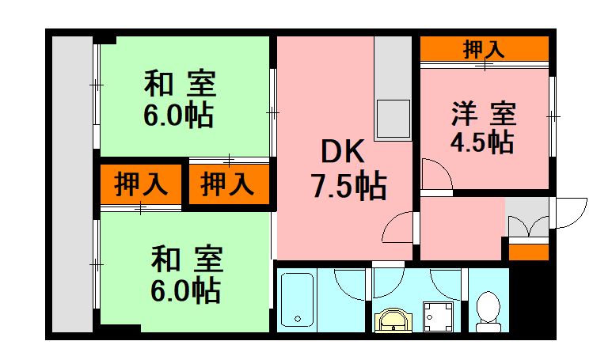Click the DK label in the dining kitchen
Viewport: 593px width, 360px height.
coord(342,150)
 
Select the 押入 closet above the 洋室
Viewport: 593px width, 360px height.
coord(484,49)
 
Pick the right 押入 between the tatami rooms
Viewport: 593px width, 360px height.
coord(227,184)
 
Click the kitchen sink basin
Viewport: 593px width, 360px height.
coord(393,119)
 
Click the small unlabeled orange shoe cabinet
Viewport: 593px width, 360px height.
coord(528,252)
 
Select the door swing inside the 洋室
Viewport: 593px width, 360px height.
coord(433,174)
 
